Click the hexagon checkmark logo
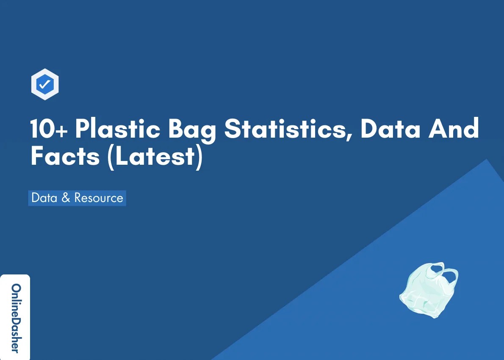click(45, 85)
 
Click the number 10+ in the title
click(48, 129)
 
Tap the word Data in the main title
click(390, 129)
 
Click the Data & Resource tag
click(77, 198)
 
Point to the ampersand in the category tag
click(66, 198)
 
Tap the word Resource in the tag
click(99, 198)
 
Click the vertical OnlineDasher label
click(15, 318)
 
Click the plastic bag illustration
click(428, 290)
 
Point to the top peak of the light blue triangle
click(487, 160)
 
